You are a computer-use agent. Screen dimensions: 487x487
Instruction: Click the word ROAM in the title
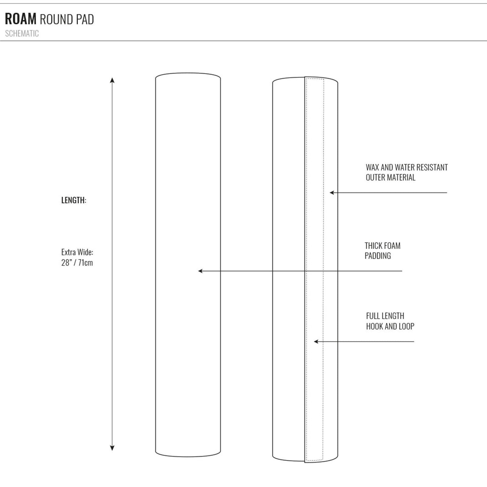coord(20,19)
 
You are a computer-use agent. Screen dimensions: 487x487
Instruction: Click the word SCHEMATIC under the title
coord(22,33)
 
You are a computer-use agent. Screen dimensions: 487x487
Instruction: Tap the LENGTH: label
coord(74,200)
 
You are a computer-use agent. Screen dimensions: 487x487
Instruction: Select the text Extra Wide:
coord(77,252)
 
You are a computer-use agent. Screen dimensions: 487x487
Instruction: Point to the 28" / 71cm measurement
coord(77,262)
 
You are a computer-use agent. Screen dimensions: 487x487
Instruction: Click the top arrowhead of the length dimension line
coord(112,80)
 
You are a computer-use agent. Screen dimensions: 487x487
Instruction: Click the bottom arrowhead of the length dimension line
coord(112,448)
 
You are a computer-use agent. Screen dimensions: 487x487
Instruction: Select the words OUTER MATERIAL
coord(390,178)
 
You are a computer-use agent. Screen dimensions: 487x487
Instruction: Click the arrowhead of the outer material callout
coord(332,193)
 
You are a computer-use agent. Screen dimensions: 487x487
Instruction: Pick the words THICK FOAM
coord(382,246)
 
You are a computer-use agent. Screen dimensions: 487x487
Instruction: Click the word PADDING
coord(378,256)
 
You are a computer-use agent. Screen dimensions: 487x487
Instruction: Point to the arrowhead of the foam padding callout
coord(200,271)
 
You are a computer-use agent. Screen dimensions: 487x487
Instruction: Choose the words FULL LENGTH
coord(385,316)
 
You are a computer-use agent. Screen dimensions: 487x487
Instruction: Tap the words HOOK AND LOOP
coord(390,326)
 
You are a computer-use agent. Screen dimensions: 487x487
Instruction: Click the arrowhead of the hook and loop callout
coord(316,342)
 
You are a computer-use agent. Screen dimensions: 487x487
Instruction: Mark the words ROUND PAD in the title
coord(67,19)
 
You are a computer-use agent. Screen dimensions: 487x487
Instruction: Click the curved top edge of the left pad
coord(188,73)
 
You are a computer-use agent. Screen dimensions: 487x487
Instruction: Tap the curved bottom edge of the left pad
coord(188,456)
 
